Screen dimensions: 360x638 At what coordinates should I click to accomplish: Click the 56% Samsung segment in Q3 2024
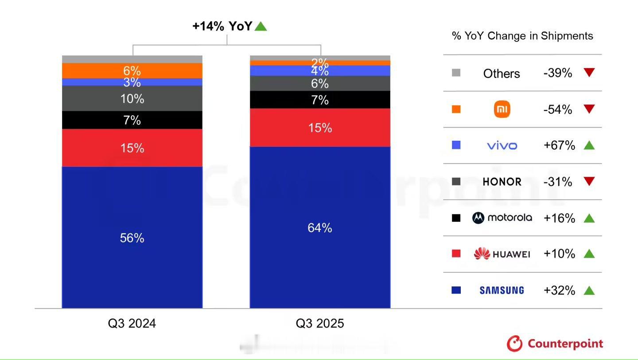(132, 238)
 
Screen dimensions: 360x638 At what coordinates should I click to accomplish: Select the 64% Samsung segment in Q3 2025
(320, 228)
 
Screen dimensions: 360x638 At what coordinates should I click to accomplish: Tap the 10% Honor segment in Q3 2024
(132, 98)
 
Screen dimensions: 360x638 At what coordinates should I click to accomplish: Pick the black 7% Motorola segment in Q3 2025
(320, 100)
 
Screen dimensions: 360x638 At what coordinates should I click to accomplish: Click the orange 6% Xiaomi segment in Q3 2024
(132, 70)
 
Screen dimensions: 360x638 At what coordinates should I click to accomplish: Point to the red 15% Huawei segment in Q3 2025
(320, 128)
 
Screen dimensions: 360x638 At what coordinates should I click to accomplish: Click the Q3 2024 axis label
(132, 324)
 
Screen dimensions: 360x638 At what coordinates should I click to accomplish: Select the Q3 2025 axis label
(320, 324)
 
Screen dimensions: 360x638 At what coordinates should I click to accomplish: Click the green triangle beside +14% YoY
(261, 27)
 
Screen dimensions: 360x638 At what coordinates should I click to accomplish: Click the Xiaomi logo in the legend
(502, 109)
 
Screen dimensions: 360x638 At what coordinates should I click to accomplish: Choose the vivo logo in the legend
(502, 146)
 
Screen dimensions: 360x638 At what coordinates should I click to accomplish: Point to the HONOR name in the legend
(502, 182)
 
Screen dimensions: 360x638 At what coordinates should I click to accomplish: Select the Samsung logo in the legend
(502, 290)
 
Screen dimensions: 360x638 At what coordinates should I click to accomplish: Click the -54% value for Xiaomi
(558, 109)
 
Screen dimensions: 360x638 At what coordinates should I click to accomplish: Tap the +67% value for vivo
(559, 145)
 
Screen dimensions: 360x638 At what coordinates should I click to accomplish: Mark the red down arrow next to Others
(589, 73)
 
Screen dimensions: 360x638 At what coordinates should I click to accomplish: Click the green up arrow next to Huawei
(589, 254)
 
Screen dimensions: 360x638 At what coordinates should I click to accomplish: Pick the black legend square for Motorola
(456, 218)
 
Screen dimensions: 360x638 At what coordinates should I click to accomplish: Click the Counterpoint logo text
(565, 344)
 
